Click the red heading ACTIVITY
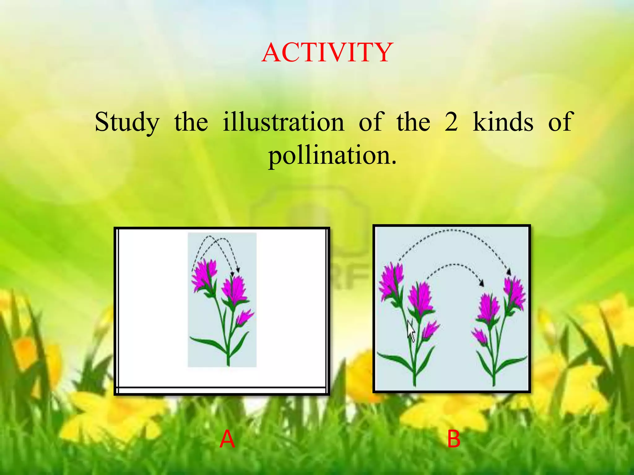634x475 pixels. click(327, 53)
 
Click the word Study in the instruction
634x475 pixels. click(127, 122)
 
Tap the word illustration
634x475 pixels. click(283, 122)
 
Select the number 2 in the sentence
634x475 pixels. click(451, 122)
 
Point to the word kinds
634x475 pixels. click(503, 122)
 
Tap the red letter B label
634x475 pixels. click(454, 439)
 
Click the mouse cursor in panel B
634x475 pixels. click(411, 331)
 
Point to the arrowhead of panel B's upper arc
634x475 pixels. click(509, 272)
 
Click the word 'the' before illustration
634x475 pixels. click(191, 122)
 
